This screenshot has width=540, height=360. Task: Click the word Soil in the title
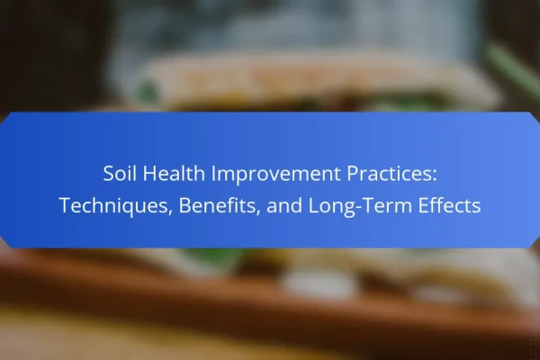(x=121, y=173)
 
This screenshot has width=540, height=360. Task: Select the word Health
(x=174, y=173)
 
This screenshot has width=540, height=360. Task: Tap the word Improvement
(x=276, y=175)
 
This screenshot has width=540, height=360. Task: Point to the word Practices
(x=389, y=173)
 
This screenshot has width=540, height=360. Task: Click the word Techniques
(x=113, y=206)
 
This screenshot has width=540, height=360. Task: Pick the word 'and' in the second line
(x=284, y=205)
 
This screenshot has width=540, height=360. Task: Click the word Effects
(x=449, y=205)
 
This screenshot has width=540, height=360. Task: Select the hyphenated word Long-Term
(x=360, y=206)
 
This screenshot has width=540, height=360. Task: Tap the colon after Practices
(x=435, y=175)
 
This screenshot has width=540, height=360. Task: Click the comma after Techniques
(x=170, y=212)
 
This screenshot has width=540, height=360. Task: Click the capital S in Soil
(x=108, y=173)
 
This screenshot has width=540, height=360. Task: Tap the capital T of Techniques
(x=65, y=205)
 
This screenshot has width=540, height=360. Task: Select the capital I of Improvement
(x=213, y=173)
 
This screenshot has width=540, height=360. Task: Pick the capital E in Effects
(x=423, y=205)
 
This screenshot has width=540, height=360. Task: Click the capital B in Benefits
(x=184, y=205)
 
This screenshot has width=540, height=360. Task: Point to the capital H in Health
(x=149, y=173)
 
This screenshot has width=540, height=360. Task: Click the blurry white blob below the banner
(x=319, y=283)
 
